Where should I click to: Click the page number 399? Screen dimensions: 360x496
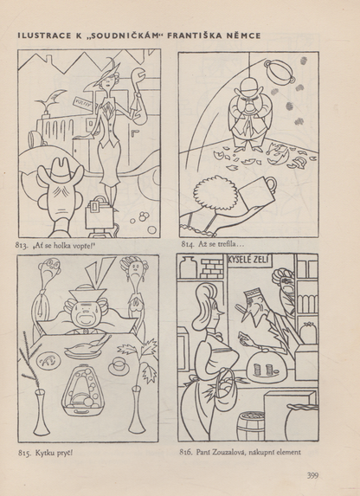click(x=312, y=475)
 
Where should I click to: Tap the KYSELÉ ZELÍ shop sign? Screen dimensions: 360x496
click(x=248, y=260)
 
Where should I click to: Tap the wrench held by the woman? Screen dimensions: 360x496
click(x=138, y=93)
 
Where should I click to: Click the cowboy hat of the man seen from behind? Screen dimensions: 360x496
click(x=61, y=171)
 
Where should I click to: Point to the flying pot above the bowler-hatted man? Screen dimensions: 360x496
click(x=280, y=72)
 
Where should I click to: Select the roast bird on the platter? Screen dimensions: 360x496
click(x=86, y=347)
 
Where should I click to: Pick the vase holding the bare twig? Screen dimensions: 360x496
click(x=42, y=413)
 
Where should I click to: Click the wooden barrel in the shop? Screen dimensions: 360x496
click(x=251, y=426)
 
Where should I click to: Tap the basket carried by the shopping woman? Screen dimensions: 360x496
click(x=224, y=391)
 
